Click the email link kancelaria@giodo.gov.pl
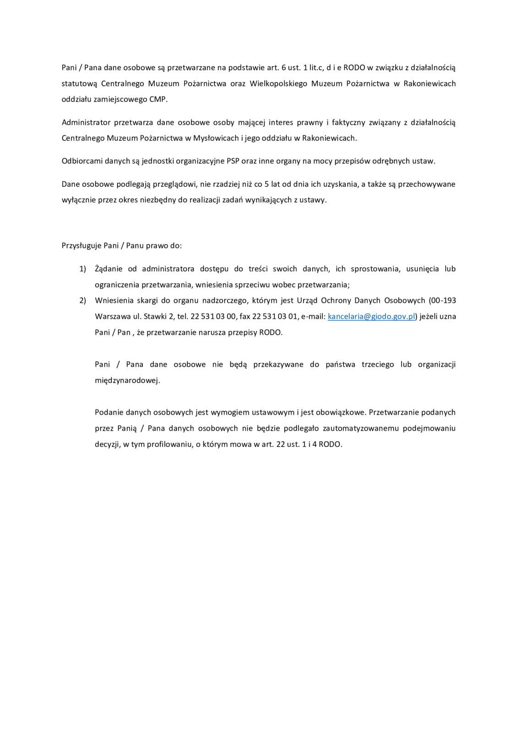pos(371,316)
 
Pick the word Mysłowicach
pos(217,138)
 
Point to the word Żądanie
pos(109,268)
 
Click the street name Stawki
pos(157,316)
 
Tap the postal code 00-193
pos(442,301)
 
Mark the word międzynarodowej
pos(127,380)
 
